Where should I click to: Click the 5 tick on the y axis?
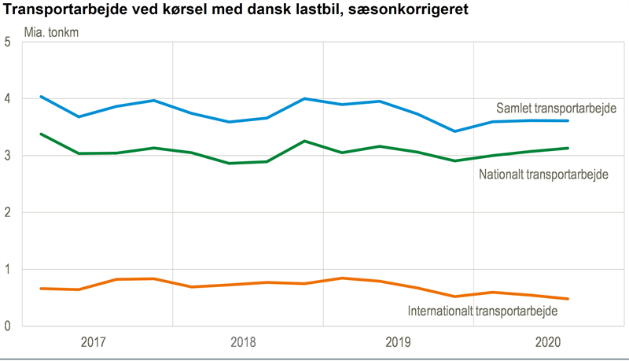pyautogui.click(x=7, y=42)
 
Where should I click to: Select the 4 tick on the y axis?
pyautogui.click(x=7, y=99)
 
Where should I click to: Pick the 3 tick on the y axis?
pyautogui.click(x=7, y=156)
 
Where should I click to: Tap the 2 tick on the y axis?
pyautogui.click(x=7, y=212)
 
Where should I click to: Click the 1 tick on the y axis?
pyautogui.click(x=7, y=270)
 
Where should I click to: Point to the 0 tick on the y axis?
pyautogui.click(x=7, y=326)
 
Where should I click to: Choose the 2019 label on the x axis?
pyautogui.click(x=398, y=343)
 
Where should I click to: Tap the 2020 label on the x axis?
pyautogui.click(x=549, y=343)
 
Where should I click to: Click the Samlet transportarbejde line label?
pyautogui.click(x=556, y=108)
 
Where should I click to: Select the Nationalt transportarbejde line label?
pyautogui.click(x=544, y=173)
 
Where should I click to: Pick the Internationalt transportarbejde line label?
pyautogui.click(x=483, y=311)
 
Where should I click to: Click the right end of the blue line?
pyautogui.click(x=568, y=120)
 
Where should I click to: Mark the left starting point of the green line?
pyautogui.click(x=41, y=134)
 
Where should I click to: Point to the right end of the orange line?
pyautogui.click(x=568, y=299)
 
